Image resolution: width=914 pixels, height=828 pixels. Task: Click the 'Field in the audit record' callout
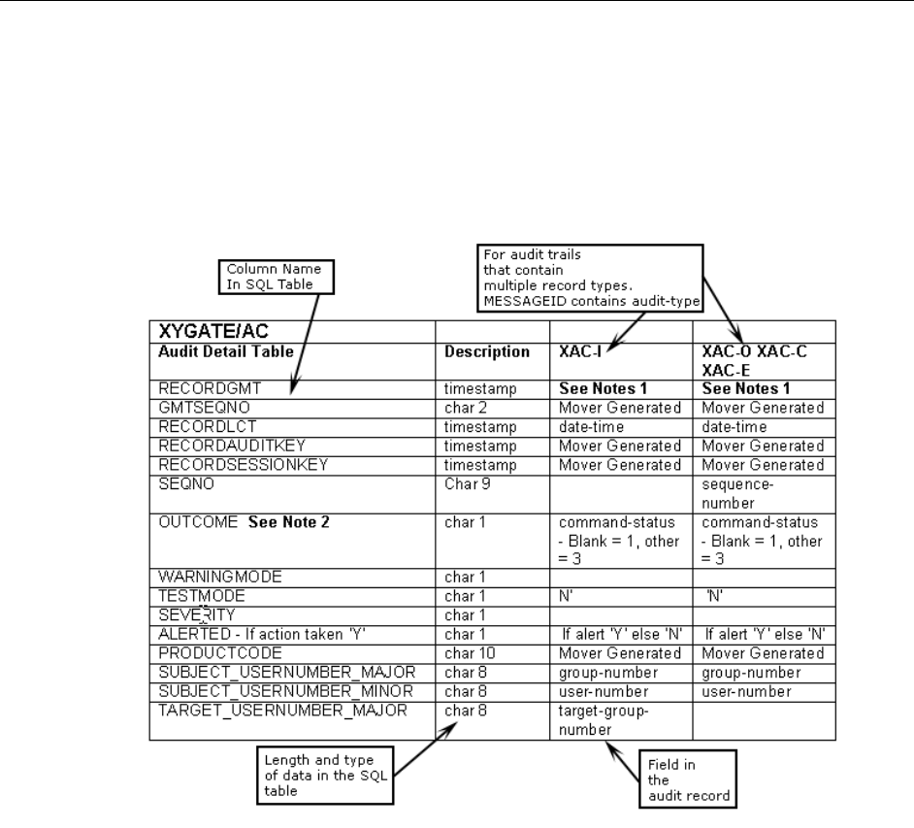click(684, 778)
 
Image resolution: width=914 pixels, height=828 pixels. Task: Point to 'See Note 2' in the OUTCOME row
click(289, 521)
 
